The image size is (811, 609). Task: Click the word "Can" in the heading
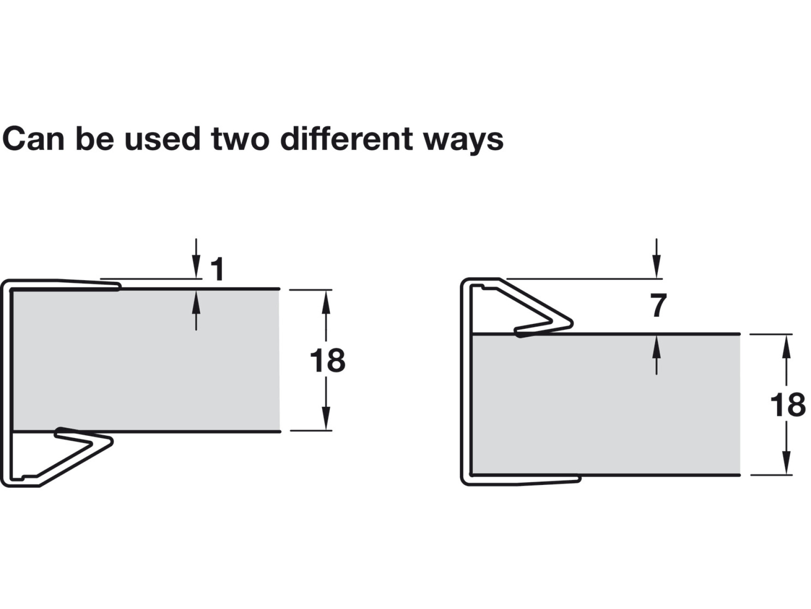point(34,139)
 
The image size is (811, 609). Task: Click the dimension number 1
point(217,269)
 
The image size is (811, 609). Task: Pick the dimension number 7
point(658,305)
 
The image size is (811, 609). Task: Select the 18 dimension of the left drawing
point(328,361)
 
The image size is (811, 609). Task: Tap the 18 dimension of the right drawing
point(788,405)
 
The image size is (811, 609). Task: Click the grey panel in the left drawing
point(146,360)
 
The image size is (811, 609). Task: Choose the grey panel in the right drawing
point(606,404)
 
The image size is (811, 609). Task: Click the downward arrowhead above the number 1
point(196,269)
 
